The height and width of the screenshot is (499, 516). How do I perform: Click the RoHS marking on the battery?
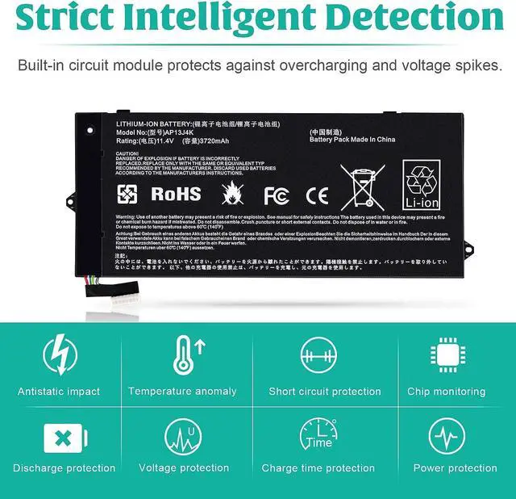[175, 194]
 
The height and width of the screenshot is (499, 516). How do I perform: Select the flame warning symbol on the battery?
[231, 193]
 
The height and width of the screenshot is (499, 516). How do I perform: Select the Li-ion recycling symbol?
[422, 184]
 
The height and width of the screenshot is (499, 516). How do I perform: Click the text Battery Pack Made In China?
[352, 140]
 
